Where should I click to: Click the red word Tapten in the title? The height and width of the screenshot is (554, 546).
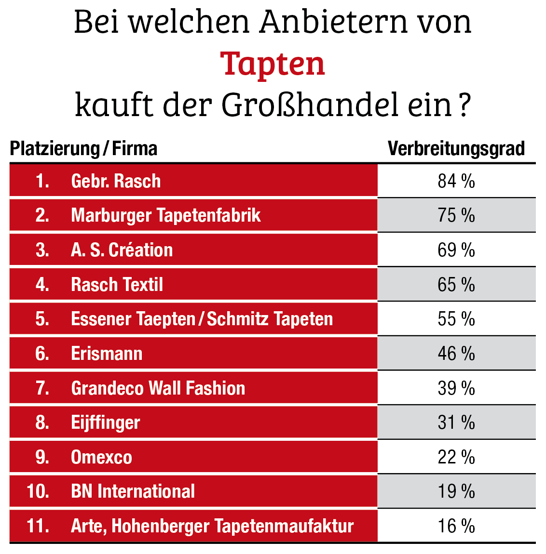(273, 64)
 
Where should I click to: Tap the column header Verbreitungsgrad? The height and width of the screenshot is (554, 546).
(456, 148)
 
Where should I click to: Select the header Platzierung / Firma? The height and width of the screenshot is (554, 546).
(83, 148)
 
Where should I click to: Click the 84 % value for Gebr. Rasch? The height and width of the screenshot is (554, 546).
(456, 181)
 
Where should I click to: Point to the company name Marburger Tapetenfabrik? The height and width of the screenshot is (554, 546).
(165, 215)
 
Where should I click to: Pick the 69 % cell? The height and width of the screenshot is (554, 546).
(456, 250)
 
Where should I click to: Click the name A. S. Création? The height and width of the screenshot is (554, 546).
(122, 250)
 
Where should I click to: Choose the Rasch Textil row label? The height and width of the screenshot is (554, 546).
(117, 285)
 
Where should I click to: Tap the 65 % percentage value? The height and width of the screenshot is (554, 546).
(456, 285)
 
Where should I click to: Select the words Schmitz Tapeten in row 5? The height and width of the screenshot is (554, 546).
(270, 319)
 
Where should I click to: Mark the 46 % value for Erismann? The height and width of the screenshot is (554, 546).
(456, 354)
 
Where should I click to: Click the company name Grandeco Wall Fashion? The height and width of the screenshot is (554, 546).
(158, 388)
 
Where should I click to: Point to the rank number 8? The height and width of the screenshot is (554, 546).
(42, 422)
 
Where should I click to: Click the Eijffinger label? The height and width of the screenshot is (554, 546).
(105, 423)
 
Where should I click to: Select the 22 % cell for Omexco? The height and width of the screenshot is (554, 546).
(456, 457)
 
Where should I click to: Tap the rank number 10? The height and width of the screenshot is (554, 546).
(38, 491)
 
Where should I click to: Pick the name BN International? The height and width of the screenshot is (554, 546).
(133, 491)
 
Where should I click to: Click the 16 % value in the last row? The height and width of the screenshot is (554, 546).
(456, 526)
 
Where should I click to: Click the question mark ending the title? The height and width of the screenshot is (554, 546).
(464, 106)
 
